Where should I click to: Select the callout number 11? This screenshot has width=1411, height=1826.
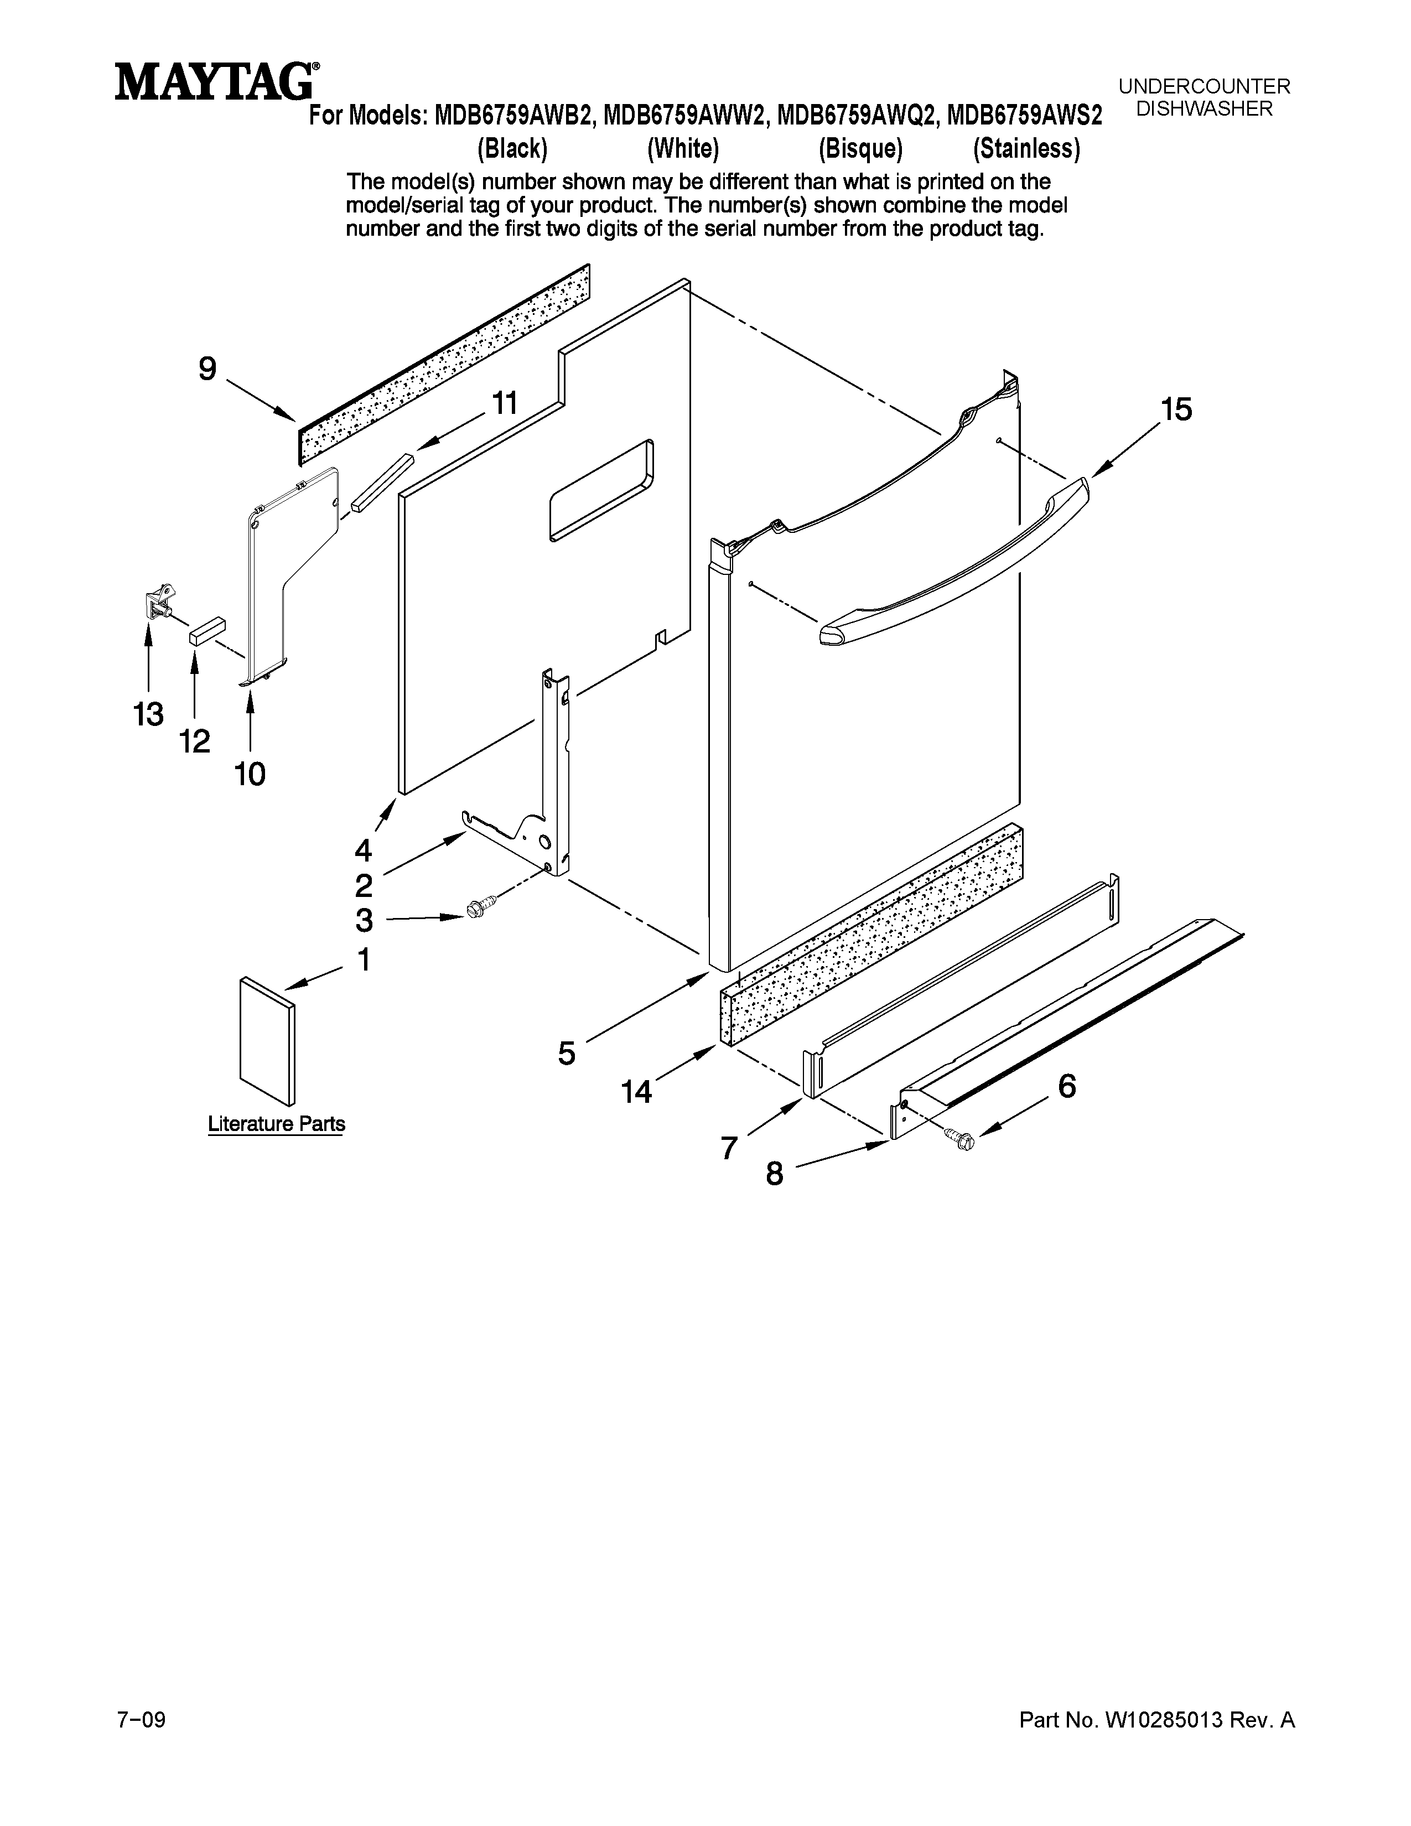point(503,404)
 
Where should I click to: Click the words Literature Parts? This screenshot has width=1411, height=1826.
point(276,1124)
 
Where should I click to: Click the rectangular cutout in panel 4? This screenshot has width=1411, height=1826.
point(600,491)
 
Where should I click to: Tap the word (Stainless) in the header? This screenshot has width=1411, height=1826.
point(1026,149)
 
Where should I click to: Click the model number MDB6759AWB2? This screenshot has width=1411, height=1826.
point(514,116)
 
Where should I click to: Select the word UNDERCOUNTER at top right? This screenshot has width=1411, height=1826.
point(1203,86)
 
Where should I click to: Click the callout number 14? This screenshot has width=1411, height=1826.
point(636,1091)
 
